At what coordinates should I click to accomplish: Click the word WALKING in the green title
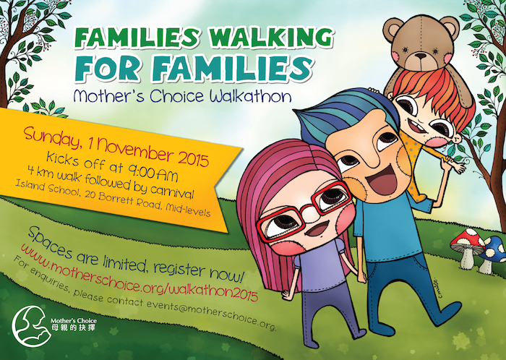coord(271,38)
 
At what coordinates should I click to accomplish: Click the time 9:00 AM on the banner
coord(153,172)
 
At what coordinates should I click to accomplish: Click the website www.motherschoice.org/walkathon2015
coord(140,273)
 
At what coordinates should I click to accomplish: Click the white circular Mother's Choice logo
coord(31,326)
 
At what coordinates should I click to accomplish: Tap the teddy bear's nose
coord(421,56)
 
